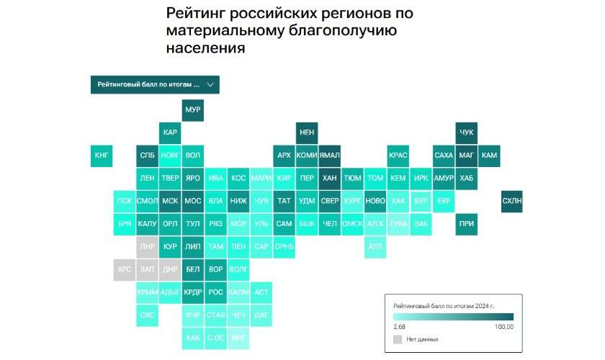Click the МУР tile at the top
pyautogui.click(x=192, y=110)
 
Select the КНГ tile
pyautogui.click(x=102, y=155)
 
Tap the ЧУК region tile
pyautogui.click(x=466, y=132)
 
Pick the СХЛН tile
pyautogui.click(x=511, y=200)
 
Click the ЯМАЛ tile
pyautogui.click(x=330, y=155)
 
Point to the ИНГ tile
pyautogui.click(x=238, y=337)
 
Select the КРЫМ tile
pyautogui.click(x=147, y=292)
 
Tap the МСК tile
pyautogui.click(x=170, y=200)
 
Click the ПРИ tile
pyautogui.click(x=466, y=223)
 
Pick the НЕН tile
pyautogui.click(x=307, y=132)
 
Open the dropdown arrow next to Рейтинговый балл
pyautogui.click(x=210, y=84)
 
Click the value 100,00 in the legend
pyautogui.click(x=504, y=327)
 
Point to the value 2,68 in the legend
pyautogui.click(x=400, y=327)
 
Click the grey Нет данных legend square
pyautogui.click(x=398, y=338)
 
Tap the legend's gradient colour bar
pyautogui.click(x=453, y=316)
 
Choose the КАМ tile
pyautogui.click(x=489, y=155)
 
